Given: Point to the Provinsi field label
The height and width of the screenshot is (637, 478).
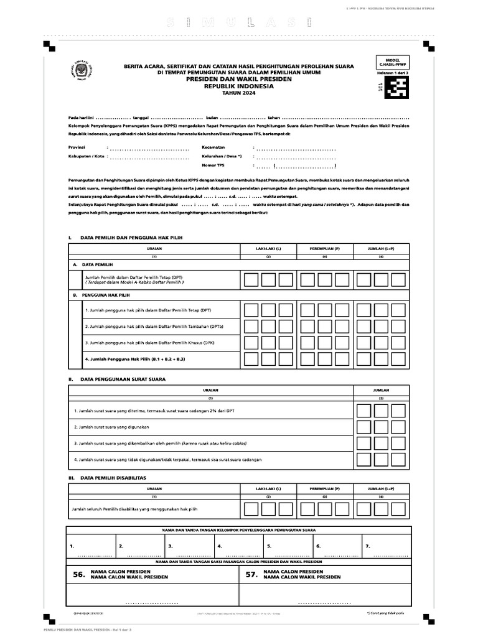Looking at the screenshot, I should (77, 147).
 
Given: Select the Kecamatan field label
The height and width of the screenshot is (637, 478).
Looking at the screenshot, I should (213, 147).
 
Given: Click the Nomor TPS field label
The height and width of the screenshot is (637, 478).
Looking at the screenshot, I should (213, 165).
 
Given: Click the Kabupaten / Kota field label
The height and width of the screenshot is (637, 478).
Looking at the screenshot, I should (86, 156).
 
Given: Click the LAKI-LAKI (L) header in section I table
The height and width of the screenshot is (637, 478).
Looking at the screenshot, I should (268, 248).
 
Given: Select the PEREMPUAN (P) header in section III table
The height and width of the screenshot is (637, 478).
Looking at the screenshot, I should (324, 489).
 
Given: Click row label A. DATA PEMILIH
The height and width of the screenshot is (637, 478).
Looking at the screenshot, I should (93, 264).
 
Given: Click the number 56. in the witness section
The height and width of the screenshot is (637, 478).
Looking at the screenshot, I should (78, 577).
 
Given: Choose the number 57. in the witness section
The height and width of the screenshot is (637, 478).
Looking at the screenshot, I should (251, 577).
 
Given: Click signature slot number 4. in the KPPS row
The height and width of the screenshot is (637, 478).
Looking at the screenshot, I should (219, 546).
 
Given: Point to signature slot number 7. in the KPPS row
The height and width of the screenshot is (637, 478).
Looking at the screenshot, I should (368, 546).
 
